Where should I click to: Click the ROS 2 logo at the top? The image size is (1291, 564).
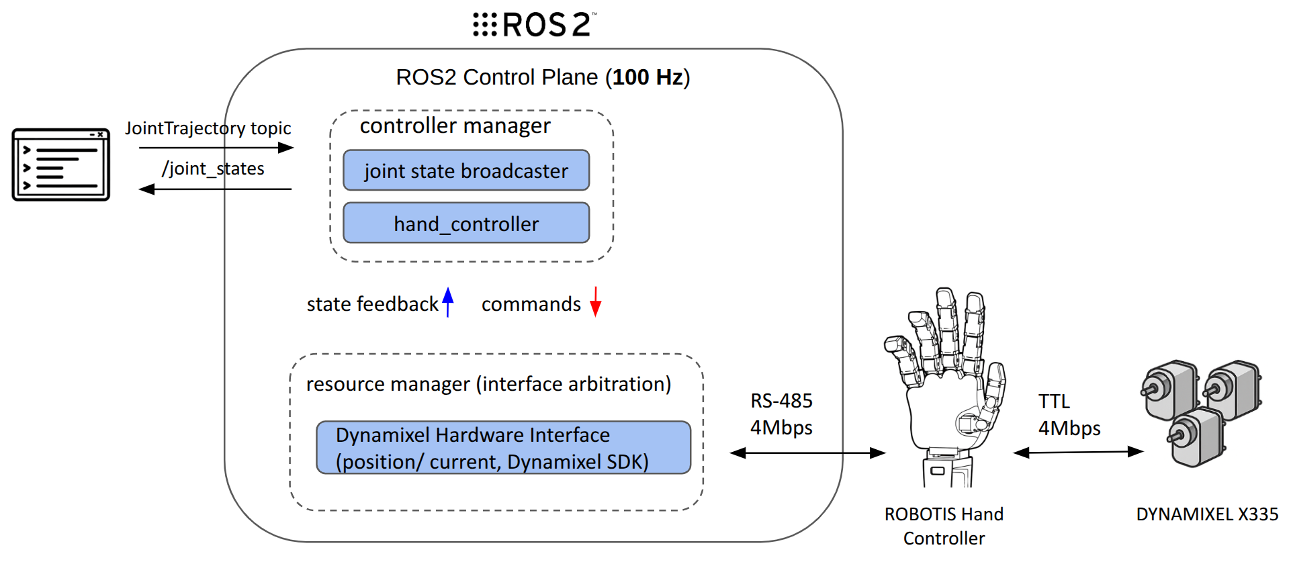click(x=534, y=25)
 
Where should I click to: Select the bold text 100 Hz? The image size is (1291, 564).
click(x=648, y=77)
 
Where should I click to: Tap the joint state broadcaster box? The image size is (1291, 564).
click(x=466, y=171)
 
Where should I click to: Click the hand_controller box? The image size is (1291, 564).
click(x=466, y=223)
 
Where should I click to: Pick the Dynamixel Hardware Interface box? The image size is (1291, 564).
click(x=503, y=448)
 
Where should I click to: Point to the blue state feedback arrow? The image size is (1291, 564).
click(x=448, y=302)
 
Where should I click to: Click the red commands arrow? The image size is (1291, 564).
click(x=595, y=301)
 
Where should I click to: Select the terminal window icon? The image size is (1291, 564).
click(x=60, y=164)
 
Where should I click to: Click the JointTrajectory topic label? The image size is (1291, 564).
click(x=208, y=128)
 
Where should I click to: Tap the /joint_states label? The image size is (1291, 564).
click(x=213, y=169)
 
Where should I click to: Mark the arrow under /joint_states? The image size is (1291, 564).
click(x=215, y=189)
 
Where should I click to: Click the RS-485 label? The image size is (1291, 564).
click(x=781, y=401)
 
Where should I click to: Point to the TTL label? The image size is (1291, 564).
click(x=1054, y=402)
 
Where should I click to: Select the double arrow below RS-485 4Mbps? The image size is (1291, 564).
click(x=807, y=453)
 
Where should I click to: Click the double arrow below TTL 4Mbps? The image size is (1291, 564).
click(x=1078, y=453)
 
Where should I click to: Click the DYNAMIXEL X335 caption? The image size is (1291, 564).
click(x=1206, y=514)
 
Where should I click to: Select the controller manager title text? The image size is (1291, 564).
click(x=455, y=126)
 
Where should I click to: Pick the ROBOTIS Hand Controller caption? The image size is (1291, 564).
click(x=944, y=526)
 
